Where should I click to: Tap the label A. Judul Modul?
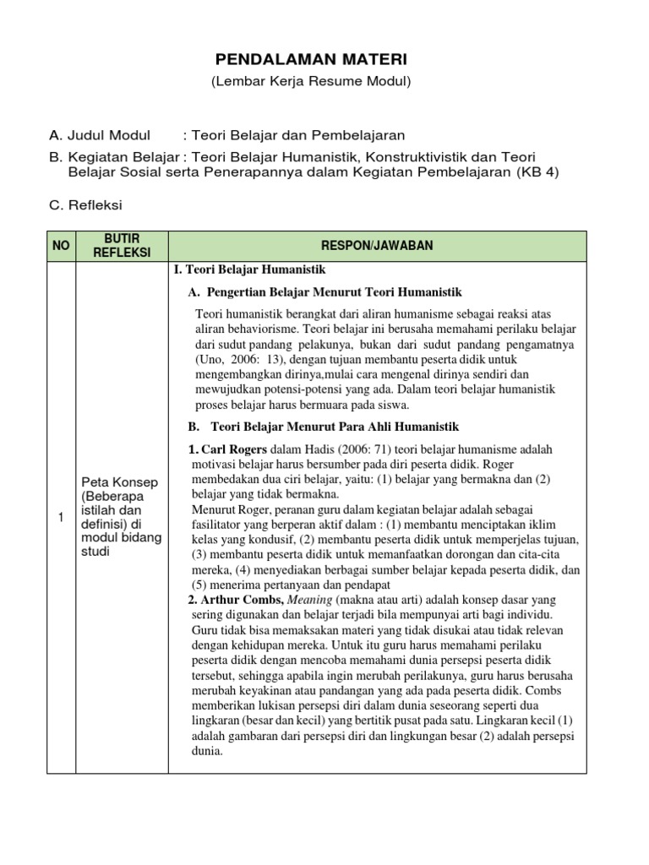(100, 135)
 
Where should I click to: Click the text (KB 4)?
(537, 172)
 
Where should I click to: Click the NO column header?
(62, 245)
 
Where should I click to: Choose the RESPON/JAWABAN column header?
(377, 245)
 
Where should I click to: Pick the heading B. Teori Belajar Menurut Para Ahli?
(324, 427)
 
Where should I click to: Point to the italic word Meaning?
(311, 599)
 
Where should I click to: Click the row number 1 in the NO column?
(62, 518)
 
